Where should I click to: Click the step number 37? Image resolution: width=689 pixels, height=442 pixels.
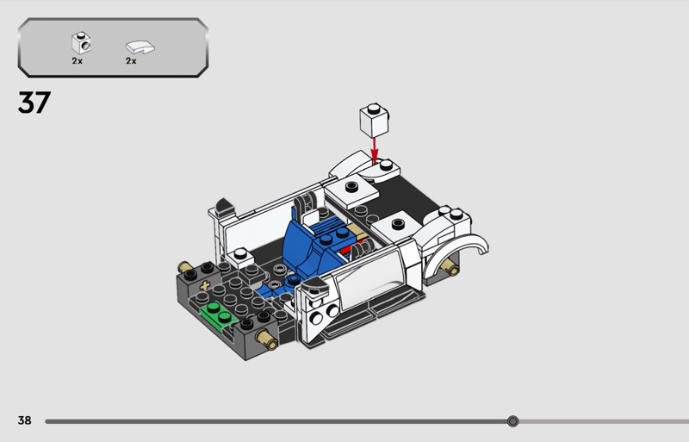34,102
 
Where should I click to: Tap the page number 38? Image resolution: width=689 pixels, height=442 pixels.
25,420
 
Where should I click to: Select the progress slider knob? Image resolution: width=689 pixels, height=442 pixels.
512,421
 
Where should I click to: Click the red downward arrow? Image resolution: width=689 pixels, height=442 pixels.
374,151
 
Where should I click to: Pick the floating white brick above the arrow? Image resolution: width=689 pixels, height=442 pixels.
374,121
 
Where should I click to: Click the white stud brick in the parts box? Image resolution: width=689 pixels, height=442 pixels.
81,43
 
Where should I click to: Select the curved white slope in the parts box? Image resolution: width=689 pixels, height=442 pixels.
140,47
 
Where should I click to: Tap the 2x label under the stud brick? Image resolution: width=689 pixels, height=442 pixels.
78,61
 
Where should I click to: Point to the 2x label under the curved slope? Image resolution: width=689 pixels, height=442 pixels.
131,61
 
